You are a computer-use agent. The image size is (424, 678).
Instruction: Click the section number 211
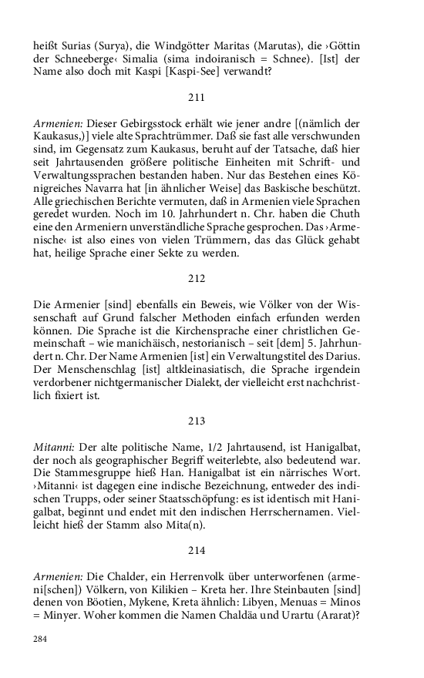click(197, 98)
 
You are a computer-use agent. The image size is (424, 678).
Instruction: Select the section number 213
click(197, 421)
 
